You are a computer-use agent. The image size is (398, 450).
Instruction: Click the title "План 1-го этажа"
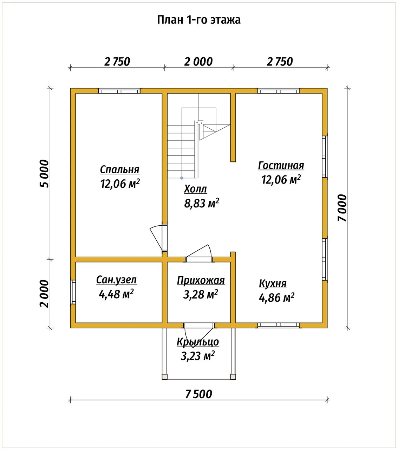tap(199, 20)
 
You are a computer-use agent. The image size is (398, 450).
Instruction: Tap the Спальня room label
tap(120, 170)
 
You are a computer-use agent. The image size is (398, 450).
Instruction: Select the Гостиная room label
tap(281, 166)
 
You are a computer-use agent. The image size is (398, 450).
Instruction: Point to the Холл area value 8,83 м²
tap(202, 203)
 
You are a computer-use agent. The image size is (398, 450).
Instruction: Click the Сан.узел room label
tap(116, 280)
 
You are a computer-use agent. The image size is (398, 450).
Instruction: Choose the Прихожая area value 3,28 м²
tap(201, 295)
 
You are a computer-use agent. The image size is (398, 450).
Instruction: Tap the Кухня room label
tap(273, 284)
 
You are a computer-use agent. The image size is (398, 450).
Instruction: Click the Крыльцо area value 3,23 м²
tap(197, 356)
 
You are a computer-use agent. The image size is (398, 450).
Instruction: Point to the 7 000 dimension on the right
tap(342, 208)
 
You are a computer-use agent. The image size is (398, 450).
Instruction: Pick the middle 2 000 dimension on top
tap(198, 62)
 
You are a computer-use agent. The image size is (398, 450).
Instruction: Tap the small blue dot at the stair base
tap(182, 178)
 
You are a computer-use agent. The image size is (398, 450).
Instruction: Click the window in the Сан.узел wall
tap(73, 292)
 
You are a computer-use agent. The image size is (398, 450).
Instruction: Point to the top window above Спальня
tap(119, 91)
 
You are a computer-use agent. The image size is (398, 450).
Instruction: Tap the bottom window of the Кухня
tap(279, 325)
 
